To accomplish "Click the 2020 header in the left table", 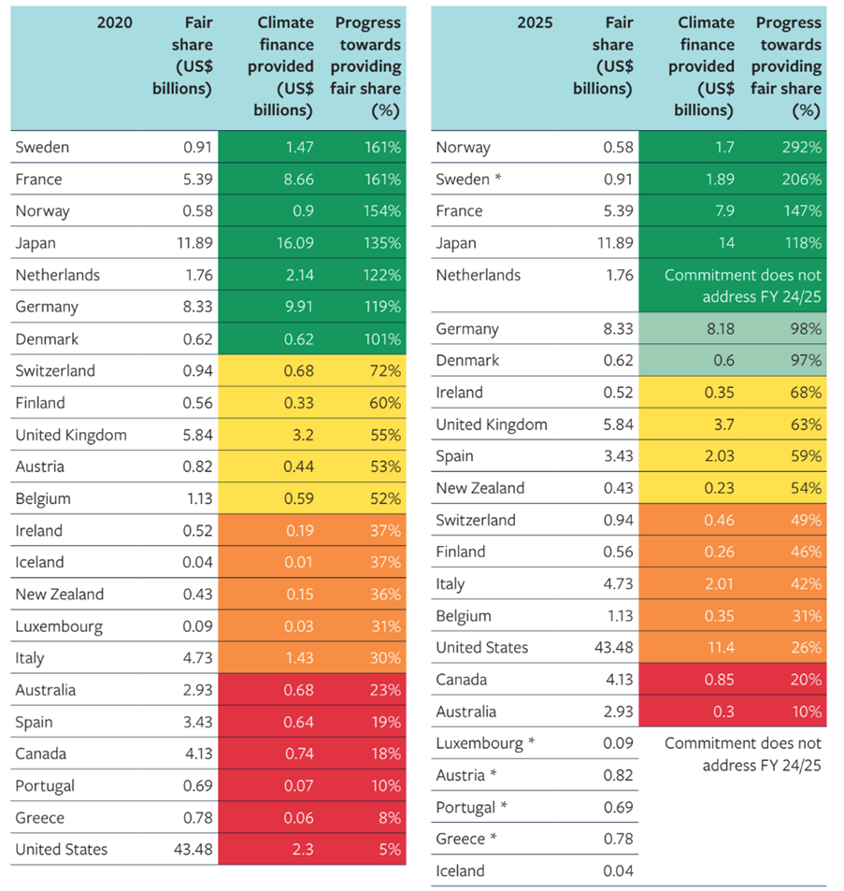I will coord(114,22).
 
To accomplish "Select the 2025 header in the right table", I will coord(535,22).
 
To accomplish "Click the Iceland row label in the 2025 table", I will coord(460,871).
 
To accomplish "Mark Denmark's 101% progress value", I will coord(381,338).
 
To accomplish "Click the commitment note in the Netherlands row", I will coord(742,286).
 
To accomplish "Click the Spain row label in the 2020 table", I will coord(34,722).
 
